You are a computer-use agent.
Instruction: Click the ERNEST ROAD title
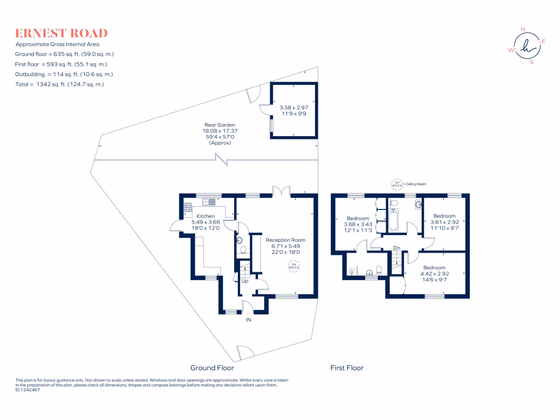pyautogui.click(x=61, y=33)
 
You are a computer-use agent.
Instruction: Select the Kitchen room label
pyautogui.click(x=205, y=217)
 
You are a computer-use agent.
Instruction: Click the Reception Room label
pyautogui.click(x=285, y=240)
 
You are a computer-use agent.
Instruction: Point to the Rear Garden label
pyautogui.click(x=220, y=125)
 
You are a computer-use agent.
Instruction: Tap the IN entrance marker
pyautogui.click(x=249, y=319)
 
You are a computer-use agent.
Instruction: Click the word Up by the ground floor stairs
pyautogui.click(x=244, y=281)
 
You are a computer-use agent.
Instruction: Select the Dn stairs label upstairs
pyautogui.click(x=397, y=248)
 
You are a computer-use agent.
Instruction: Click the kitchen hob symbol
pyautogui.click(x=188, y=207)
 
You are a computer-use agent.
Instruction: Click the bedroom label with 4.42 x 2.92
pyautogui.click(x=434, y=268)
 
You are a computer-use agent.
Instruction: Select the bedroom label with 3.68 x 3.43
pyautogui.click(x=358, y=219)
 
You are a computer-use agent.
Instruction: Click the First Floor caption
pyautogui.click(x=347, y=367)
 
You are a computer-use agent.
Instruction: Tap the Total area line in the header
pyautogui.click(x=59, y=84)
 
